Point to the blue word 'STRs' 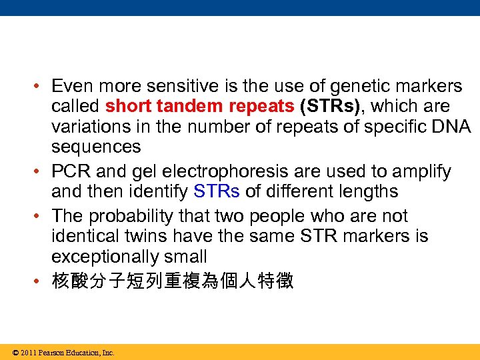pos(216,192)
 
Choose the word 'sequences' pos(96,146)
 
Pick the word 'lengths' pos(365,192)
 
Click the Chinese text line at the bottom pos(172,281)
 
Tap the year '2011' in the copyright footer pos(27,353)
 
